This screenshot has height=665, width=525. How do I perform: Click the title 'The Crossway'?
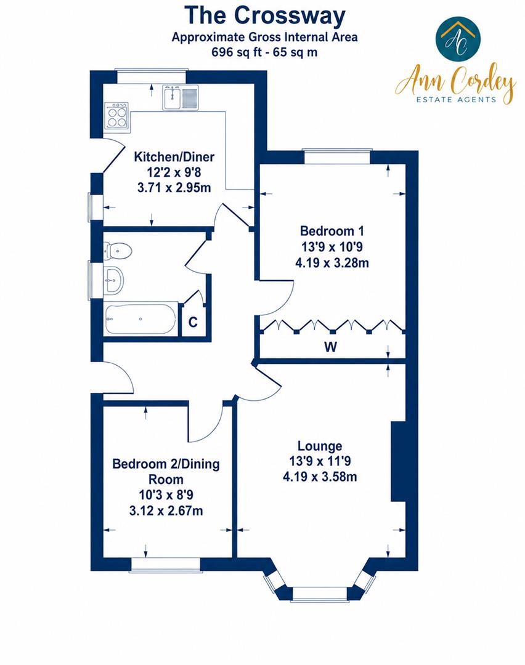click(x=265, y=15)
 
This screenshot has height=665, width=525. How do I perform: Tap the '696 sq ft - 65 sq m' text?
click(x=264, y=52)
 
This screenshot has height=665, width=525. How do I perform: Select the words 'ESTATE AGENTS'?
click(x=456, y=100)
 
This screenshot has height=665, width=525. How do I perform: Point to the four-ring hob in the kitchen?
click(x=116, y=115)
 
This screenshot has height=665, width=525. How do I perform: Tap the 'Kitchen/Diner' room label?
click(x=174, y=157)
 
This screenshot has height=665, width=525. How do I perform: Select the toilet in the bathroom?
click(x=118, y=251)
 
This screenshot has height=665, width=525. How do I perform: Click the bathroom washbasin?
click(x=114, y=280)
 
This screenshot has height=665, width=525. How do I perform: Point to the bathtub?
click(x=141, y=319)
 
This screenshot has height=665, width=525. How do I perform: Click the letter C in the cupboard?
click(x=193, y=322)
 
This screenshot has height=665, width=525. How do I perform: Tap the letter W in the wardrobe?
click(x=331, y=347)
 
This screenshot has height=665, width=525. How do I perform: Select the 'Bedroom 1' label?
click(x=332, y=231)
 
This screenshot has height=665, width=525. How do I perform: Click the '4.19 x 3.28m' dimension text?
click(x=332, y=263)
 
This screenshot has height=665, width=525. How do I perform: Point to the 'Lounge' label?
click(x=320, y=446)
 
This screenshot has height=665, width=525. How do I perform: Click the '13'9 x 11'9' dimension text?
click(x=320, y=461)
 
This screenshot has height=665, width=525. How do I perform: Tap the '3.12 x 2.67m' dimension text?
click(x=166, y=511)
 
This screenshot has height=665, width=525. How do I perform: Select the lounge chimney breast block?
click(x=397, y=462)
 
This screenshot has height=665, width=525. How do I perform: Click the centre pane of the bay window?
click(x=320, y=594)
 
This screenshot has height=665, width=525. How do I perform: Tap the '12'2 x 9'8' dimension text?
click(x=174, y=172)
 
